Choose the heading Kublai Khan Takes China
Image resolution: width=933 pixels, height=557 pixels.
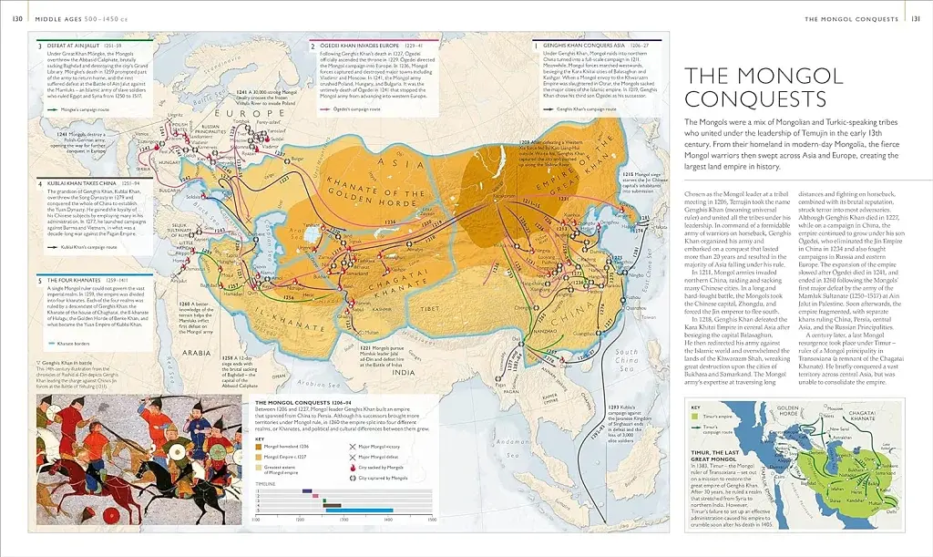pos(77,182)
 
